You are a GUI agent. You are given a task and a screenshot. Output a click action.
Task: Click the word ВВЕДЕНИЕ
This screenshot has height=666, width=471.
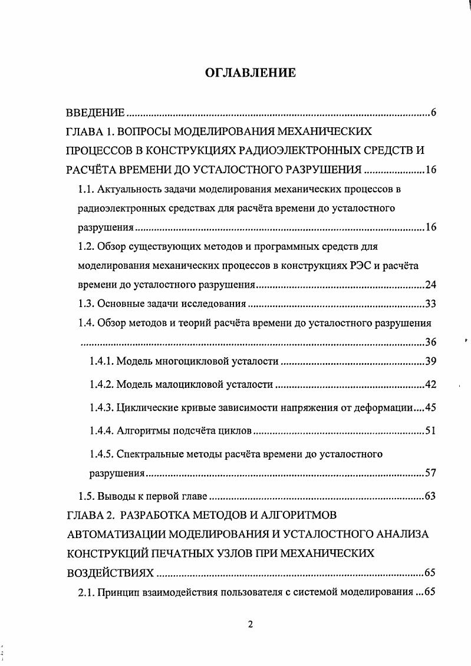tap(94, 113)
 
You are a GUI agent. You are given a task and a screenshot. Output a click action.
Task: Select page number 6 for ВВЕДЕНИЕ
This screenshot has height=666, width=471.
tap(433, 113)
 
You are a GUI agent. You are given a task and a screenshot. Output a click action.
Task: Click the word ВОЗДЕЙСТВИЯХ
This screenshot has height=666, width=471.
tap(110, 573)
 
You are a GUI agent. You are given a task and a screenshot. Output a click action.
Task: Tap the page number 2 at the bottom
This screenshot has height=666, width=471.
tap(250, 625)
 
